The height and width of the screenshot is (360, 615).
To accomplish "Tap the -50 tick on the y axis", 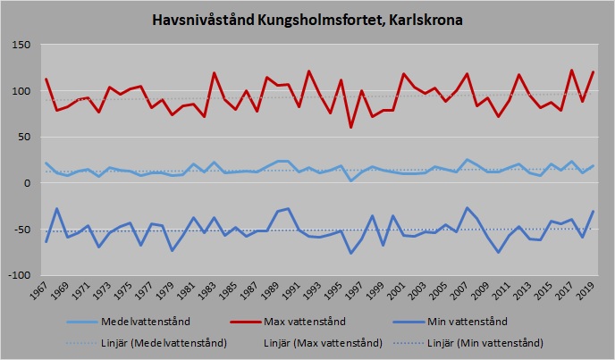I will [22, 230].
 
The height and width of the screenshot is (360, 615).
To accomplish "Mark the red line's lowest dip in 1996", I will [351, 127].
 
